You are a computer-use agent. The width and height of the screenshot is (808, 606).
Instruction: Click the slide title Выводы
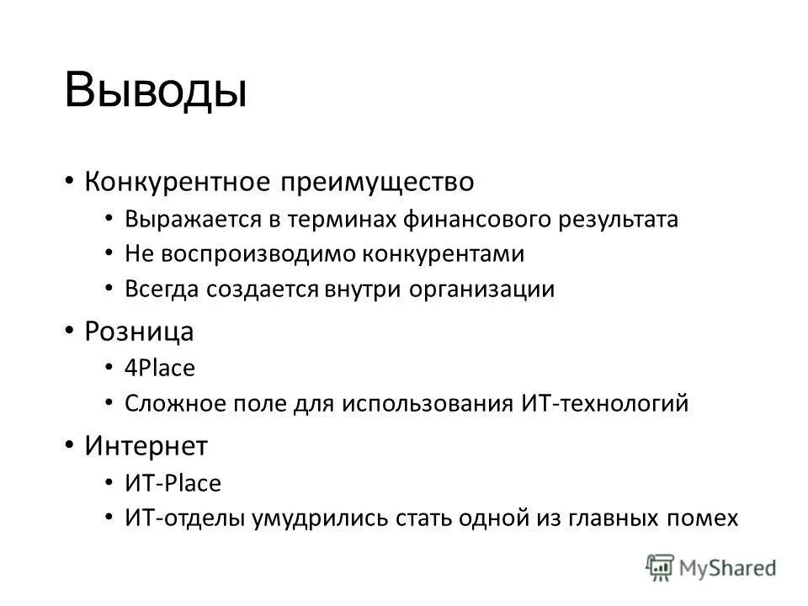156,90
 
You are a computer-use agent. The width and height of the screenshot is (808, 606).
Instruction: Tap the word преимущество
378,181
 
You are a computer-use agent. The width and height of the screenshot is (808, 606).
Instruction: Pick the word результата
618,220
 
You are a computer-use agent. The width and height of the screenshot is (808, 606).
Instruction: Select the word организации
482,290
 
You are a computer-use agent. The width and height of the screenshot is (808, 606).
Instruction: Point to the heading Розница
140,332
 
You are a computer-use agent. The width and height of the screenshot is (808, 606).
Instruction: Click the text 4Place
160,369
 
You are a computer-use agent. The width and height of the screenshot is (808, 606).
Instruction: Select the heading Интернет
146,445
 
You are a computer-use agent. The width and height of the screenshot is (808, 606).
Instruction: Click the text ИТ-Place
173,483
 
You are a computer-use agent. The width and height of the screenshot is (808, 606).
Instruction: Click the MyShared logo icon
660,567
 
